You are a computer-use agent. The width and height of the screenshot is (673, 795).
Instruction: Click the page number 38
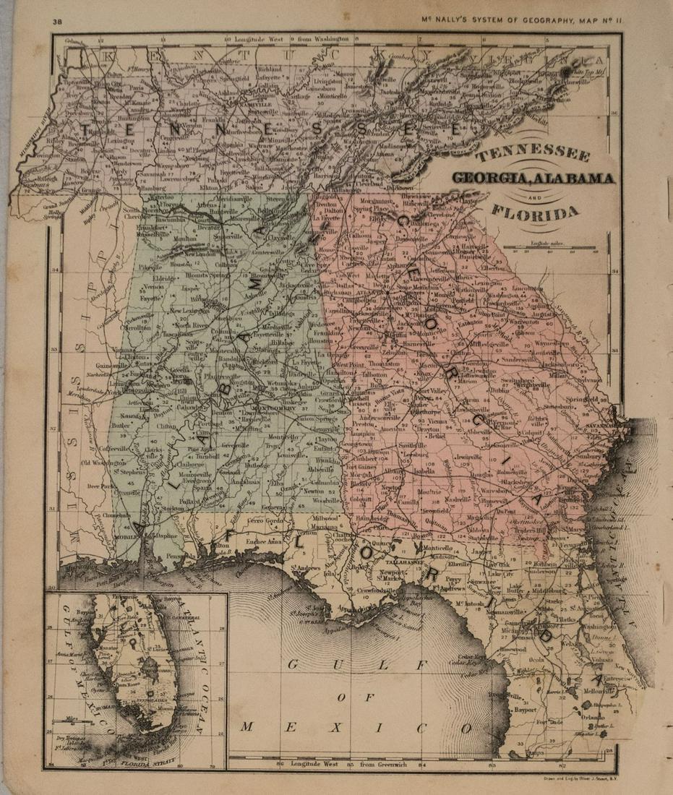pyautogui.click(x=57, y=22)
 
